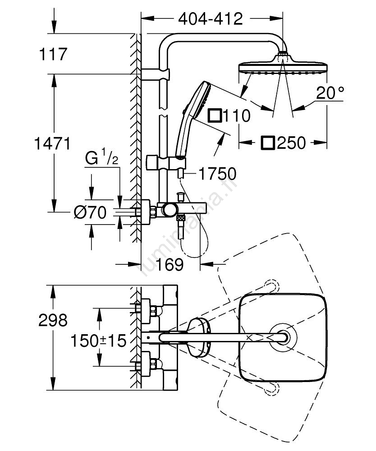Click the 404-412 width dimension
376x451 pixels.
click(210, 18)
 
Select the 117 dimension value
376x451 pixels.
click(53, 55)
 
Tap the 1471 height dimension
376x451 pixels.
click(53, 144)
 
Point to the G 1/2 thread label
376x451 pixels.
click(102, 159)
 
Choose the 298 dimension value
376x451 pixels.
click(53, 320)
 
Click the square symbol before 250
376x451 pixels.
click(268, 143)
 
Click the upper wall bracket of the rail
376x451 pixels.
click(156, 74)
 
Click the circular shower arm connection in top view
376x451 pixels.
click(284, 336)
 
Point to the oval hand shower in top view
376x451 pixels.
click(198, 336)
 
